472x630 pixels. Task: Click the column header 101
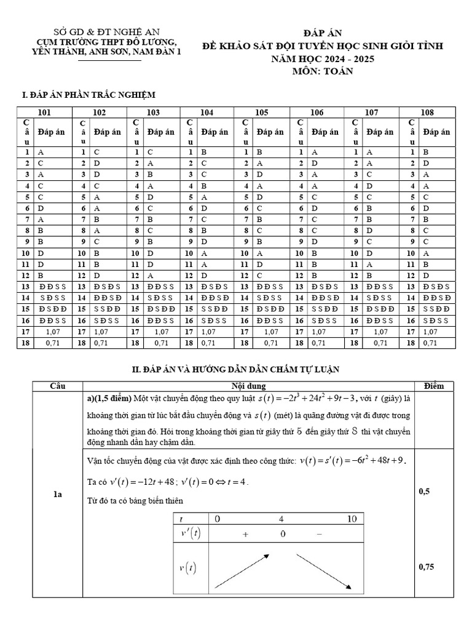[x=44, y=112]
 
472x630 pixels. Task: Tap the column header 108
[x=427, y=112]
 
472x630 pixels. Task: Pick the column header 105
[x=262, y=112]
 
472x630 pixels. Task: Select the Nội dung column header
[x=249, y=386]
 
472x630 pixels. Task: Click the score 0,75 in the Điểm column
[x=427, y=567]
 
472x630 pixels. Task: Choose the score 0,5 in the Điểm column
[x=424, y=492]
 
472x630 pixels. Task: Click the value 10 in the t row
[x=352, y=519]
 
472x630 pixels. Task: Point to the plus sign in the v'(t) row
[x=246, y=535]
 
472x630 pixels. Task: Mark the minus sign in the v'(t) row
[x=319, y=535]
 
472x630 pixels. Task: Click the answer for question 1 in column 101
[x=41, y=151]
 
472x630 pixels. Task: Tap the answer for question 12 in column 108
[x=426, y=275]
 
